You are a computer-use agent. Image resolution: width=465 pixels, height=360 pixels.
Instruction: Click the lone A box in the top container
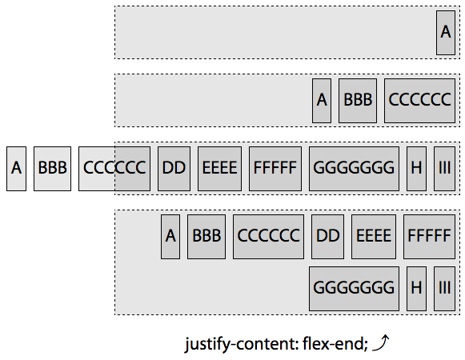click(446, 32)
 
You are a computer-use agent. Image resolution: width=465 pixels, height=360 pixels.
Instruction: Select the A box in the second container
click(322, 100)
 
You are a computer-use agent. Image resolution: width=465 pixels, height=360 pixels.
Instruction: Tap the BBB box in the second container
click(358, 100)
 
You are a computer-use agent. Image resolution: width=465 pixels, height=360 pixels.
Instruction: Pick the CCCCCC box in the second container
click(420, 100)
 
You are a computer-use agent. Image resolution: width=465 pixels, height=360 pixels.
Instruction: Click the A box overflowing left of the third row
click(17, 169)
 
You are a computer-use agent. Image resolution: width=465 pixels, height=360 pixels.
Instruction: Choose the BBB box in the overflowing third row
click(52, 169)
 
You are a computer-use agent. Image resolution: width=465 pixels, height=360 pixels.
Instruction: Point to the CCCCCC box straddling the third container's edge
click(114, 169)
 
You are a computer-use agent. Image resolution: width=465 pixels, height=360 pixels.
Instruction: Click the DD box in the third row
click(174, 169)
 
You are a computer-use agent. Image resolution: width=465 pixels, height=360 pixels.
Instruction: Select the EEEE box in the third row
click(219, 169)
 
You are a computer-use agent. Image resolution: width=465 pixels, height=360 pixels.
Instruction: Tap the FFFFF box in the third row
click(275, 169)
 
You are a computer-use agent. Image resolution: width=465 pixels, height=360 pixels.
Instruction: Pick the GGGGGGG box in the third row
click(354, 169)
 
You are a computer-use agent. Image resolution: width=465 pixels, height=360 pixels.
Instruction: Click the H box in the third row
click(416, 169)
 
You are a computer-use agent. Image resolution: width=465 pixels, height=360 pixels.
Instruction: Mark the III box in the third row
click(444, 169)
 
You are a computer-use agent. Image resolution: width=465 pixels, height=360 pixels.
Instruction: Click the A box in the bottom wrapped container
click(170, 237)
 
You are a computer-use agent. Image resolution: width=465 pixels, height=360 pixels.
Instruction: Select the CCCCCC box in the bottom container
click(268, 237)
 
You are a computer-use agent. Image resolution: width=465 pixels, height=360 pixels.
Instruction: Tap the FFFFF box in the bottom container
click(430, 237)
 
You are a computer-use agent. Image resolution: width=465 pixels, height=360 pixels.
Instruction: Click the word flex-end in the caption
click(334, 345)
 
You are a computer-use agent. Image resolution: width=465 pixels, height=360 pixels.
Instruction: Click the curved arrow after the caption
click(382, 343)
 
